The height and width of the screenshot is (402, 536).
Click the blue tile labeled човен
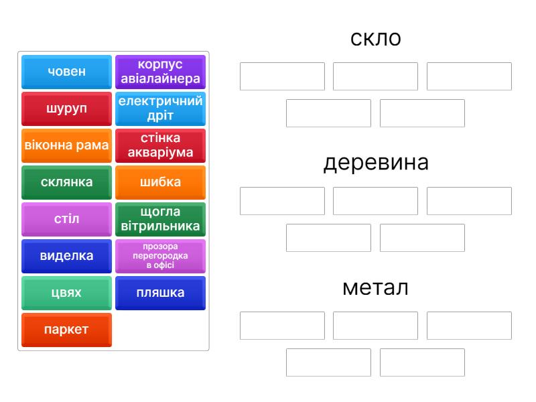[66, 72]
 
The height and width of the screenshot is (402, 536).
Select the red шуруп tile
[66, 109]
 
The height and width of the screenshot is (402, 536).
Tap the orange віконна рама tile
[66, 145]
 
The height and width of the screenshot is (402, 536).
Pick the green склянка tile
[66, 182]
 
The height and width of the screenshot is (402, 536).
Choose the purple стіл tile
[66, 219]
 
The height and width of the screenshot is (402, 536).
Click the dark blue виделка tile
[66, 256]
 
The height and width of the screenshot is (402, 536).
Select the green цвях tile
[66, 293]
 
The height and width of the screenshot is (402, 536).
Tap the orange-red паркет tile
[66, 330]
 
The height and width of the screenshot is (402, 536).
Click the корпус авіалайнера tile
[160, 72]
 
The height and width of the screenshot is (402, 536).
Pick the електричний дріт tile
[160, 109]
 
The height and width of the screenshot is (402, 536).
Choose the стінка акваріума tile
[160, 145]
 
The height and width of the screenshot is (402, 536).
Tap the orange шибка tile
[160, 182]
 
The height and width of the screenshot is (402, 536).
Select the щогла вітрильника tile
[160, 219]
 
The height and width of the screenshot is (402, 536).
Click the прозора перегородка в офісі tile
[160, 256]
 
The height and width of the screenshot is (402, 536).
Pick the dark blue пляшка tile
[160, 293]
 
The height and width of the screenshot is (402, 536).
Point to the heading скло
[376, 39]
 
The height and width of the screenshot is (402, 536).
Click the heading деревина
[376, 163]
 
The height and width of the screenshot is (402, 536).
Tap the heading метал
[376, 287]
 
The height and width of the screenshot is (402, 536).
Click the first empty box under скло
[282, 76]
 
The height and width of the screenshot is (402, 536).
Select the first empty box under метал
[282, 326]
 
